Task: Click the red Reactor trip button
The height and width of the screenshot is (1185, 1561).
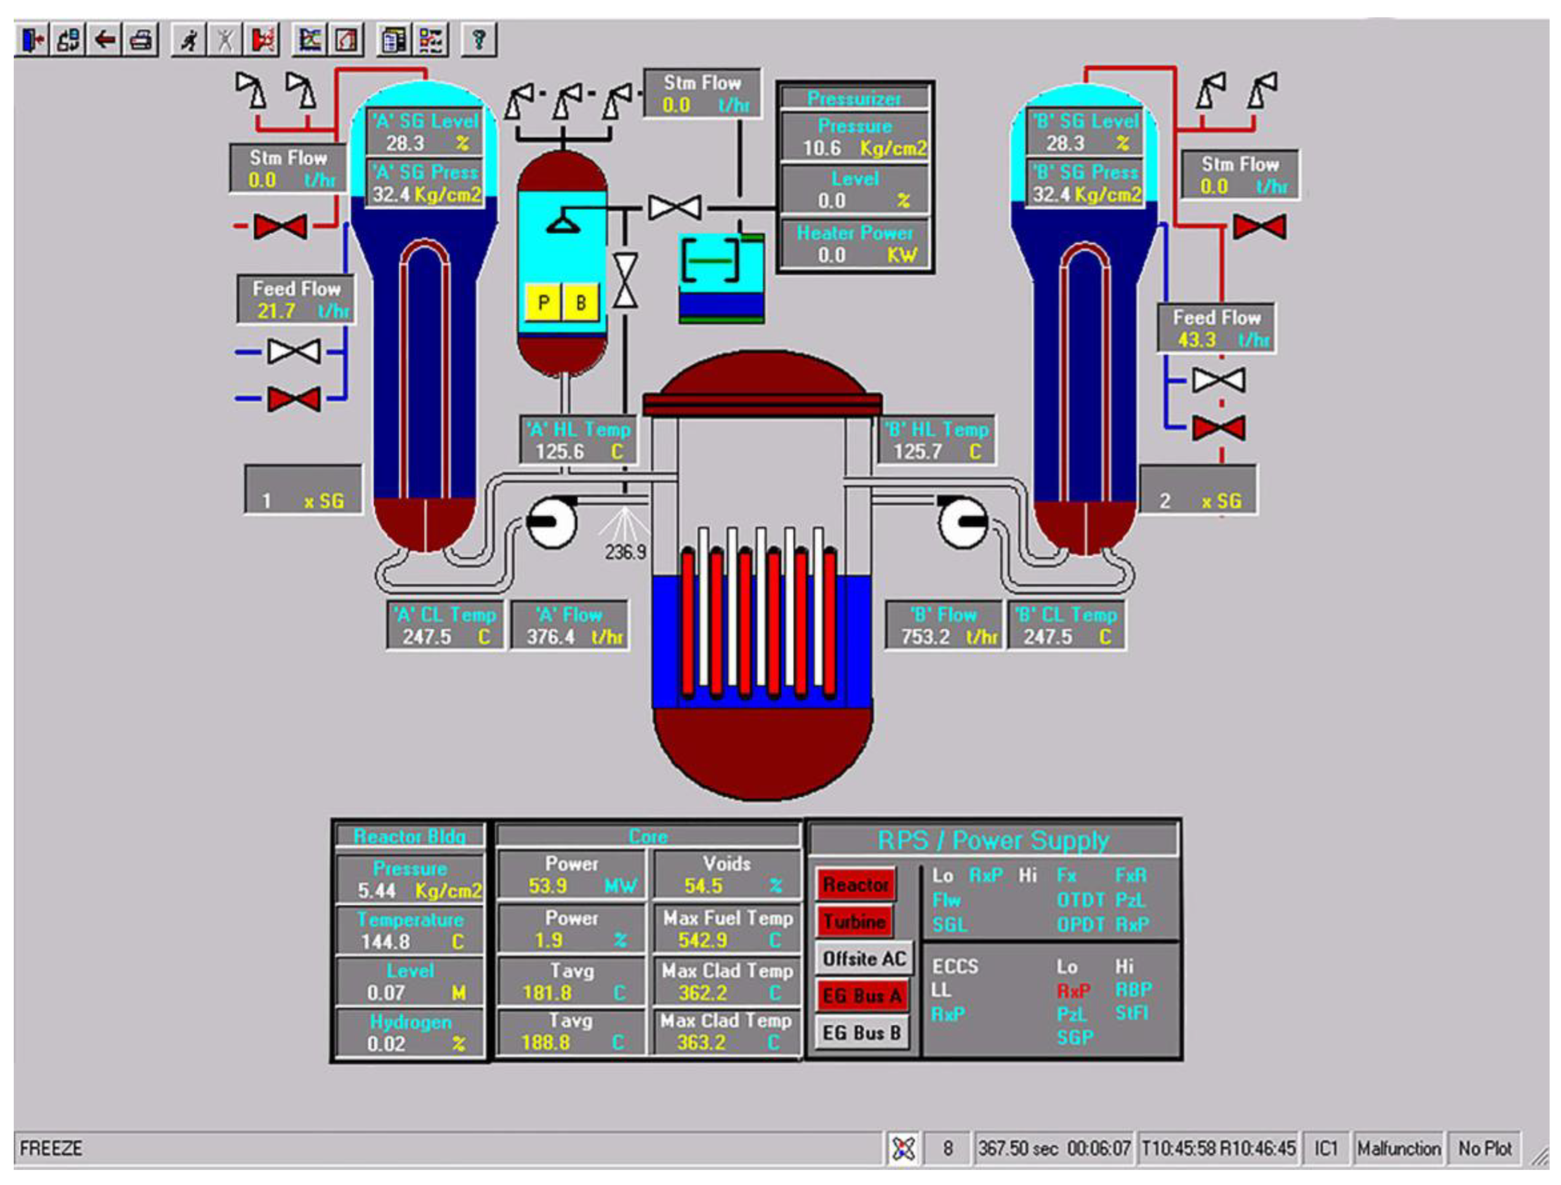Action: (855, 884)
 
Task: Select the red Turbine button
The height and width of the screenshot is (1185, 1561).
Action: (854, 921)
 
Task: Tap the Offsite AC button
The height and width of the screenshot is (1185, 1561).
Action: (864, 959)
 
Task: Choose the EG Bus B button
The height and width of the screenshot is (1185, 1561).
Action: (862, 1033)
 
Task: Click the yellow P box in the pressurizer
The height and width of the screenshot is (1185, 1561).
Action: (543, 303)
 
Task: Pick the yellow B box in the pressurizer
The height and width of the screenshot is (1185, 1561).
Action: (581, 303)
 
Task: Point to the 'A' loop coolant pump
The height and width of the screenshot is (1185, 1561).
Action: (551, 522)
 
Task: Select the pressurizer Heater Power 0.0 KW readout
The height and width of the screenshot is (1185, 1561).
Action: (855, 244)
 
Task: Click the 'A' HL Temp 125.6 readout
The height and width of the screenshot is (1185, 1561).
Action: (578, 441)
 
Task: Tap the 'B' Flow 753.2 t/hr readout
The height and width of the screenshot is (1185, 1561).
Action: (943, 625)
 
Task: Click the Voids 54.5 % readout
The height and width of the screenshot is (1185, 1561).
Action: (727, 875)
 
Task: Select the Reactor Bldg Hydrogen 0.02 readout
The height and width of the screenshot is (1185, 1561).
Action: (410, 1033)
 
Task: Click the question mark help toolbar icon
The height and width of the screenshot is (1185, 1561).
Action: (479, 39)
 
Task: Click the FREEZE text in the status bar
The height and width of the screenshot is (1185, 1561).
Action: (51, 1148)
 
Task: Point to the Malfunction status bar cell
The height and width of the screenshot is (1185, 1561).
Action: (1398, 1148)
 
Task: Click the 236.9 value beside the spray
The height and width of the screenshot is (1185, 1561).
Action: (625, 552)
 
